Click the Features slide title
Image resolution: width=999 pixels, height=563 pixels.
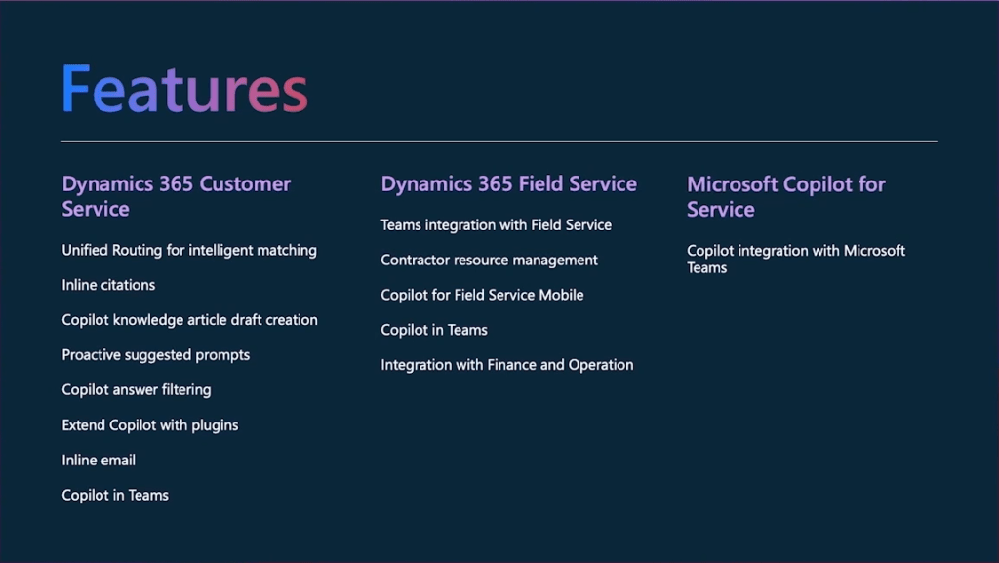[x=184, y=89]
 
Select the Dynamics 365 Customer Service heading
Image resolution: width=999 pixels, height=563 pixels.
[x=176, y=196]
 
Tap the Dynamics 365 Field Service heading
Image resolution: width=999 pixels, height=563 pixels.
[x=508, y=184]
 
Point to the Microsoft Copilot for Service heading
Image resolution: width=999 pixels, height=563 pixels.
[x=786, y=197]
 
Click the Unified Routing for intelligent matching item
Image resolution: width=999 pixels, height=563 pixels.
[x=189, y=251]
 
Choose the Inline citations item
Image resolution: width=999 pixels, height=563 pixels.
[x=108, y=285]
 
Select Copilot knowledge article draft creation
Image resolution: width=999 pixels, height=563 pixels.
[x=189, y=320]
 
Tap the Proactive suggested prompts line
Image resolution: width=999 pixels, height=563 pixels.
[x=155, y=355]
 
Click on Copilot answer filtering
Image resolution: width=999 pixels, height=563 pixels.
[x=137, y=389]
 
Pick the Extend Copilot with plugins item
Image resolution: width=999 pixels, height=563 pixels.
[x=149, y=424]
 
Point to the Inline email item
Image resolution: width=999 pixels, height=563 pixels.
[x=99, y=460]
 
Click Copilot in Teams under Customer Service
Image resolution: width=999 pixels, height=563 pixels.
[x=115, y=495]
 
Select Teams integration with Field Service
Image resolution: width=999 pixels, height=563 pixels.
[x=497, y=224]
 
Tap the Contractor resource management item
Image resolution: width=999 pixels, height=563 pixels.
[x=490, y=260]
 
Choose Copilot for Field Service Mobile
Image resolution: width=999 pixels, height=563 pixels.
[x=482, y=295]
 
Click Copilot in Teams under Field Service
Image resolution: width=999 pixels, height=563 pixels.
[x=434, y=330]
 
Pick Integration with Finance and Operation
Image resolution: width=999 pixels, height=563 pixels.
[x=507, y=365]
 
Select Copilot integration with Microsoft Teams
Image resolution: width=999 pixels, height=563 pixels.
[x=796, y=260]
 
